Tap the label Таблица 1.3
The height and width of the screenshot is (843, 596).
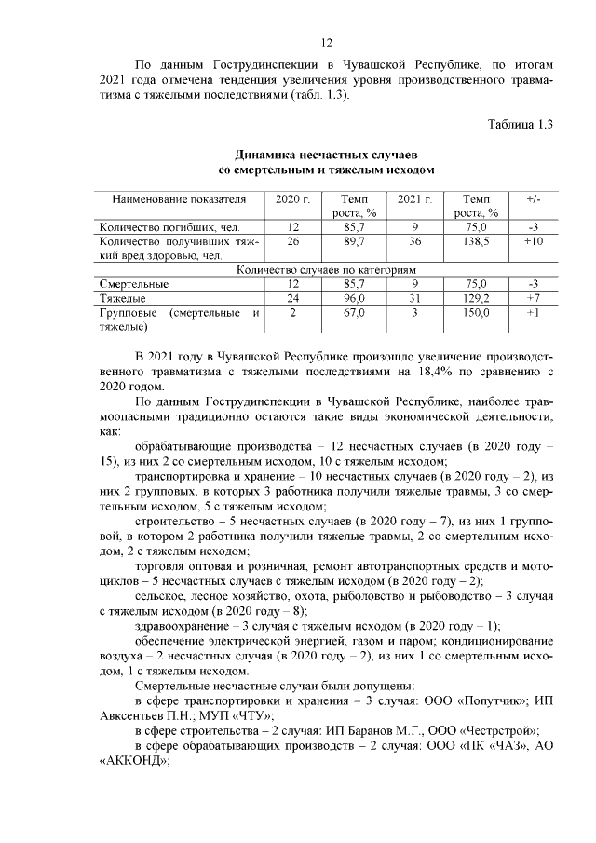coord(521,124)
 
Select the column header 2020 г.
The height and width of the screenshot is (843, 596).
coord(292,200)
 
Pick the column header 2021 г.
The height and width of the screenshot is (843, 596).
coord(414,200)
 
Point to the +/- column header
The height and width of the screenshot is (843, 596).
coord(533,200)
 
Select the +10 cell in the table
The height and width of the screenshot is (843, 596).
coord(533,241)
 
